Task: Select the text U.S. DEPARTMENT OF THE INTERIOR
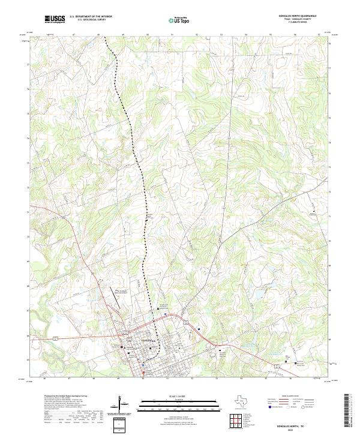(x=91, y=17)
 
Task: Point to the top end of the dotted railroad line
(x=105, y=38)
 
